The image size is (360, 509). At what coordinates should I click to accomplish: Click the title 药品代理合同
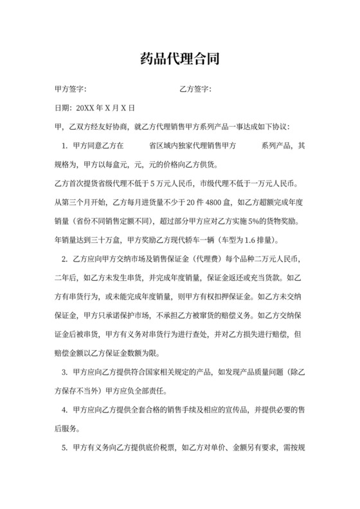(x=180, y=60)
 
